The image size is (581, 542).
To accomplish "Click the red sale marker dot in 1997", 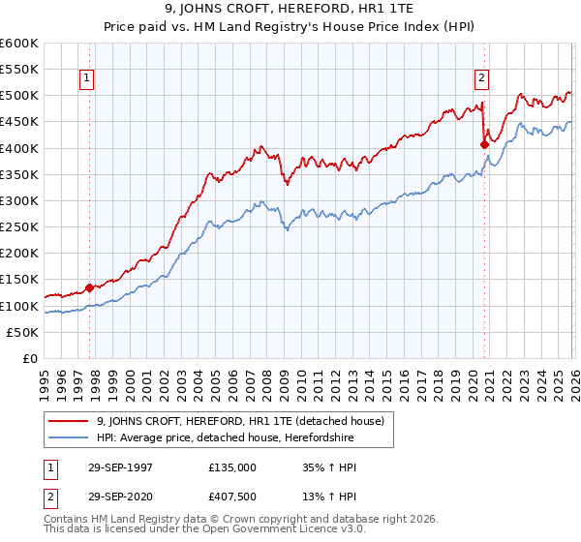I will point(89,287).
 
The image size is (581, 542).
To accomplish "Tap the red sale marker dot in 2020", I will point(484,144).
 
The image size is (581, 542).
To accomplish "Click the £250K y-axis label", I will point(19,227).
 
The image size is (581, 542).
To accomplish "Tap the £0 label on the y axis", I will point(31,359).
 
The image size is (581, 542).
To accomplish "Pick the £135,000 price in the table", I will point(232,467).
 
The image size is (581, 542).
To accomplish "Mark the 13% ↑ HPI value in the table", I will point(330,499).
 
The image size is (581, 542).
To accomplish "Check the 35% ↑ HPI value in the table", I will point(330,467).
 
